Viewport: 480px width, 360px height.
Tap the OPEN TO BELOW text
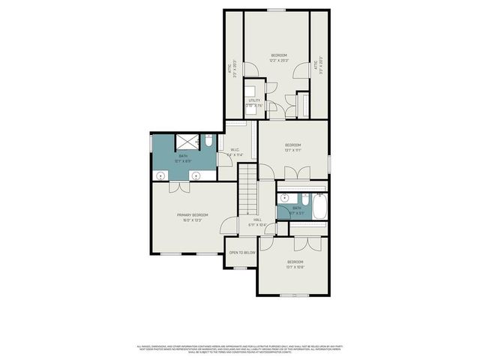click(242, 253)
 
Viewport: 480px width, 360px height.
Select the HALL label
click(257, 219)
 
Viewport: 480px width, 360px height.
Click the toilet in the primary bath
click(209, 140)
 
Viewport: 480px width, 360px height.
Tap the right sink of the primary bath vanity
click(196, 175)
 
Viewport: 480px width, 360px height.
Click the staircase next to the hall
click(248, 191)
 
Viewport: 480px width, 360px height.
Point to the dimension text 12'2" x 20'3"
click(278, 61)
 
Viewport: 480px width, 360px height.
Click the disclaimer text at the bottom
click(240, 349)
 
